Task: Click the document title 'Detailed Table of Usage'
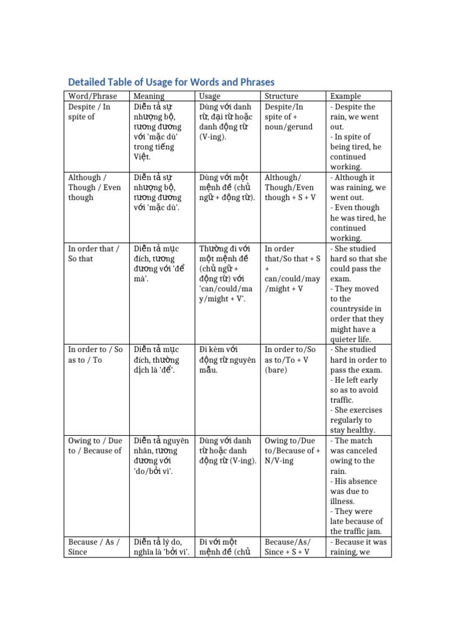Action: pyautogui.click(x=171, y=82)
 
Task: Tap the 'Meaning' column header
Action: pyautogui.click(x=149, y=96)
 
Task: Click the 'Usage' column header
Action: pyautogui.click(x=210, y=96)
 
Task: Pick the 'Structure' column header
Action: pyautogui.click(x=282, y=96)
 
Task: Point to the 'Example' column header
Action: pyautogui.click(x=346, y=96)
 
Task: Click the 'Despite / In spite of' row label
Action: pyautogui.click(x=89, y=112)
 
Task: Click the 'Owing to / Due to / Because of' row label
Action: pyautogui.click(x=95, y=446)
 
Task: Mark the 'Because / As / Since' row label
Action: pyautogui.click(x=94, y=547)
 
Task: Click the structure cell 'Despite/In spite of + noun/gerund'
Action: pyautogui.click(x=288, y=117)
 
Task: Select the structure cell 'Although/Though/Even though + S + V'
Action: pyautogui.click(x=290, y=187)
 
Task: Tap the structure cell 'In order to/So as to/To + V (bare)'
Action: pyautogui.click(x=290, y=360)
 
